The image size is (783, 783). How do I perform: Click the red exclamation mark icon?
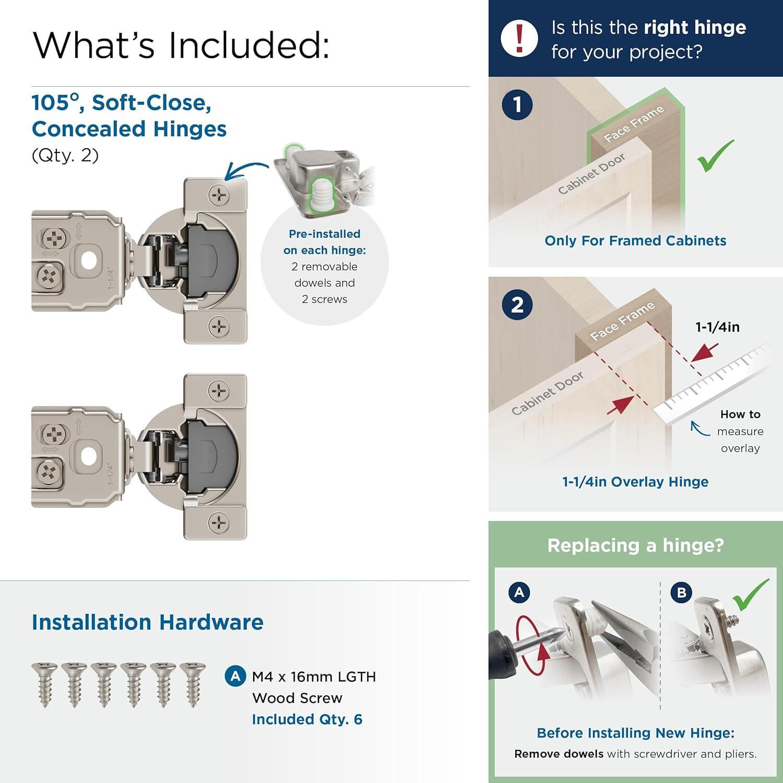[519, 38]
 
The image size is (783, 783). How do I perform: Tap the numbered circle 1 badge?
[517, 104]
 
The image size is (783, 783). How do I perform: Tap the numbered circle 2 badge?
[517, 304]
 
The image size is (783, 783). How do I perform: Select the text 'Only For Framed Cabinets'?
[635, 241]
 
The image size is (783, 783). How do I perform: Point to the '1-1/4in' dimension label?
[717, 327]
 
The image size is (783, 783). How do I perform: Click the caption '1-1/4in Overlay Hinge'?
[635, 482]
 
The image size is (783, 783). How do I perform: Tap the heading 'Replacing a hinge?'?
[635, 545]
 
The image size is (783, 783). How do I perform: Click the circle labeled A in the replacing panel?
[519, 592]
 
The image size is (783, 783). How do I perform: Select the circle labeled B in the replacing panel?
[681, 592]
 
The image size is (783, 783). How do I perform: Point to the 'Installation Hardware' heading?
[148, 622]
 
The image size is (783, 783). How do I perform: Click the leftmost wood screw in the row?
[45, 684]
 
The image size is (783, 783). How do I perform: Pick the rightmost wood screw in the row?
[193, 684]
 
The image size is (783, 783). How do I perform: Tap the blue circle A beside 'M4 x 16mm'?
[235, 677]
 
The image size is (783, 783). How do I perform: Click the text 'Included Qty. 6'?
[307, 719]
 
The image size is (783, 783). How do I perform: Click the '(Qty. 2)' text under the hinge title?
[65, 156]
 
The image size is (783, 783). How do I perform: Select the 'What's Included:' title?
[181, 45]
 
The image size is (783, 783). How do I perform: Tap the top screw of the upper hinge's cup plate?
[219, 196]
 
